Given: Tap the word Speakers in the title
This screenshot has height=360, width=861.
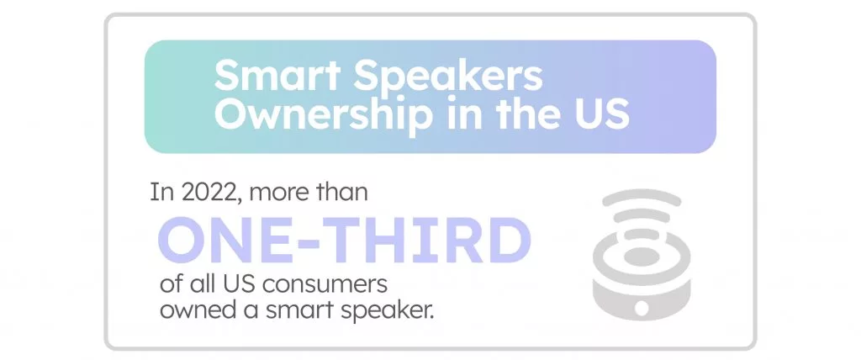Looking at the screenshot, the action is tap(447, 77).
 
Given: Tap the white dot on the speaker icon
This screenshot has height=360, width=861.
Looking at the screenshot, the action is tap(642, 307).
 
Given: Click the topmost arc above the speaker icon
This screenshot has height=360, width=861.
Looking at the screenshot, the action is tap(642, 194).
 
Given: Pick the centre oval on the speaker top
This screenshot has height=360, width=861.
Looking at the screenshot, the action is tap(642, 255).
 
